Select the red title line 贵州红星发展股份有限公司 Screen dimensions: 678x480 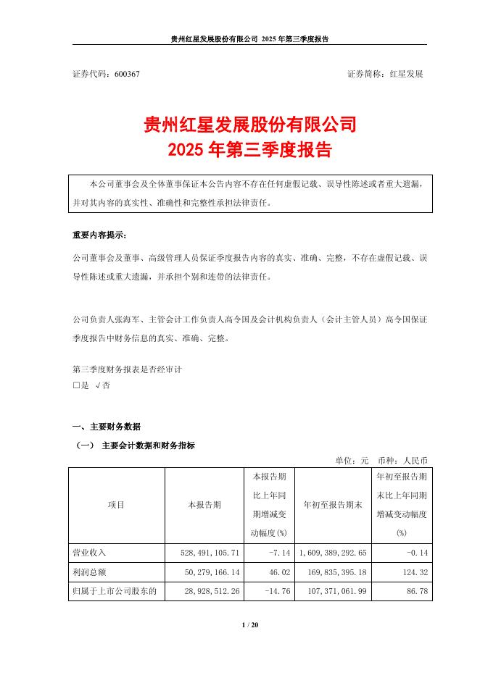(x=250, y=125)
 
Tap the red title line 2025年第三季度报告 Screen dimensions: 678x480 (x=250, y=151)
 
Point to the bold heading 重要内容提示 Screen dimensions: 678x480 (x=99, y=236)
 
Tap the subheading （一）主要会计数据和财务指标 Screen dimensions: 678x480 (x=135, y=445)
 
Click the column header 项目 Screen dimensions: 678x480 (x=116, y=505)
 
